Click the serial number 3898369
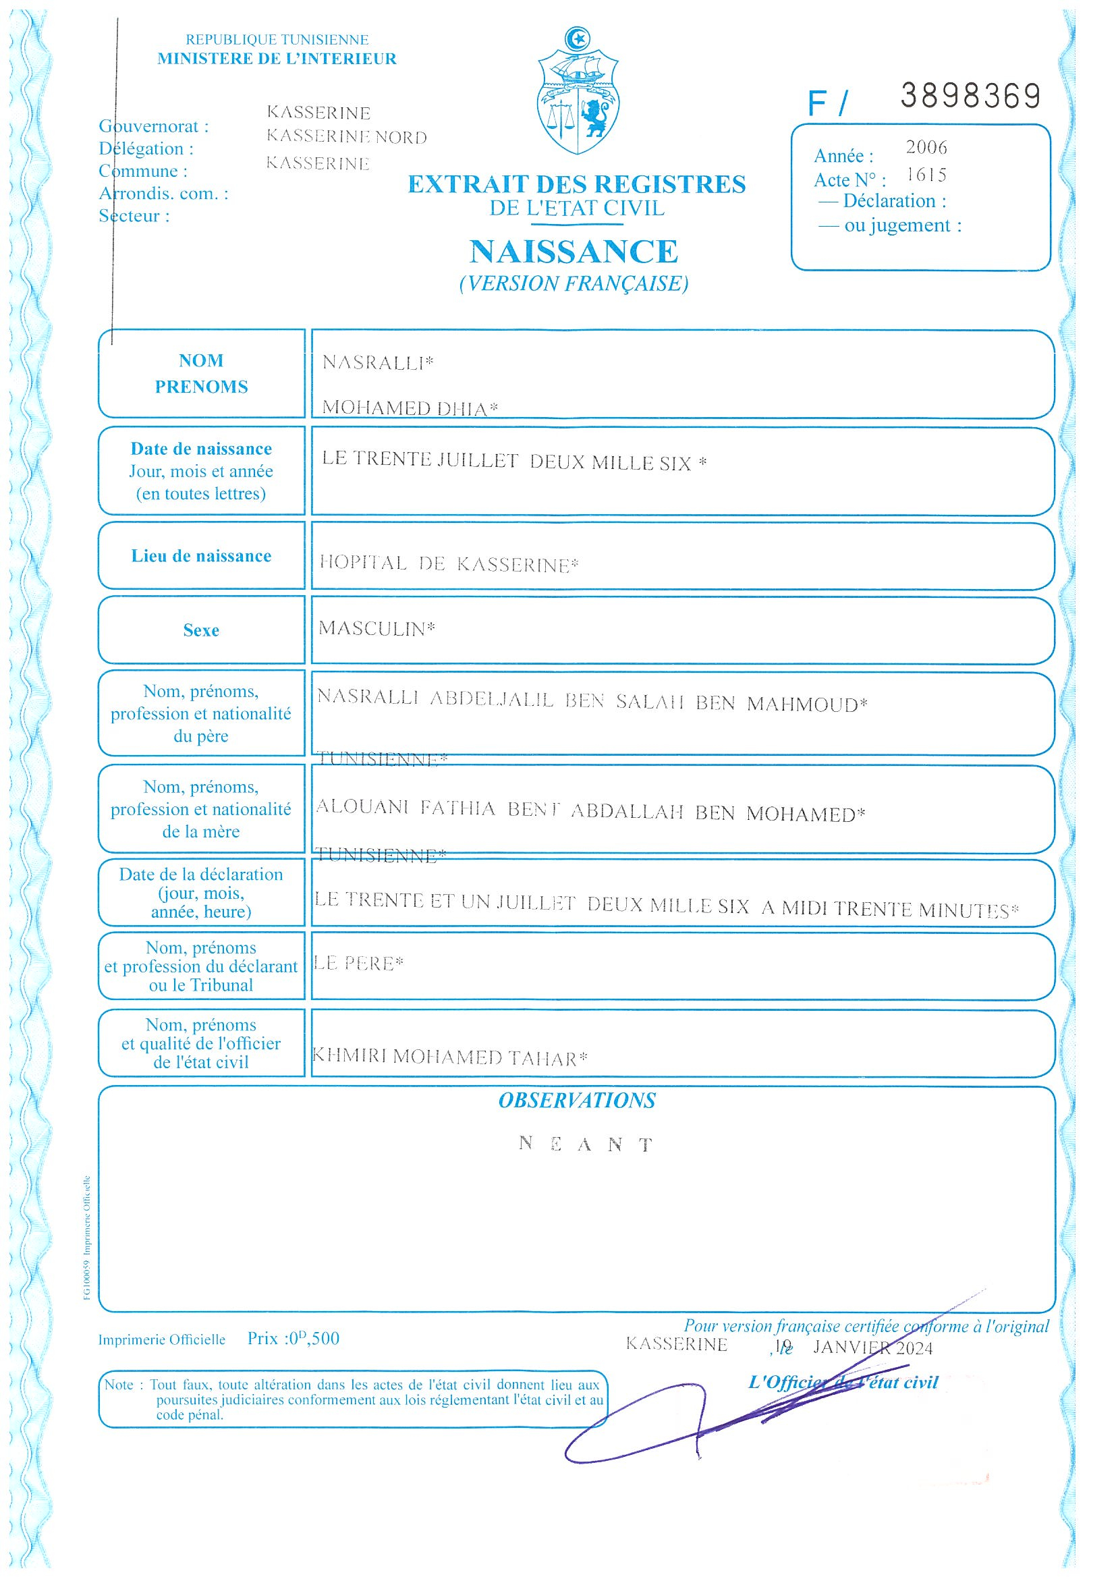click(970, 97)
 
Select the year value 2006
click(926, 147)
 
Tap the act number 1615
click(926, 175)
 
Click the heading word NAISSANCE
click(574, 252)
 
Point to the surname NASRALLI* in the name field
click(377, 362)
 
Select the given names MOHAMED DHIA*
click(410, 408)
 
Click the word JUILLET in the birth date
click(478, 460)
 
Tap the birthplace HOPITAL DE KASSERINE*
click(448, 565)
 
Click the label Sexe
click(201, 631)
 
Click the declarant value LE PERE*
click(358, 964)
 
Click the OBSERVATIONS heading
click(576, 1101)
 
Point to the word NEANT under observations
click(585, 1144)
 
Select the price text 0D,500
click(314, 1338)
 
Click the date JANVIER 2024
click(872, 1348)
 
